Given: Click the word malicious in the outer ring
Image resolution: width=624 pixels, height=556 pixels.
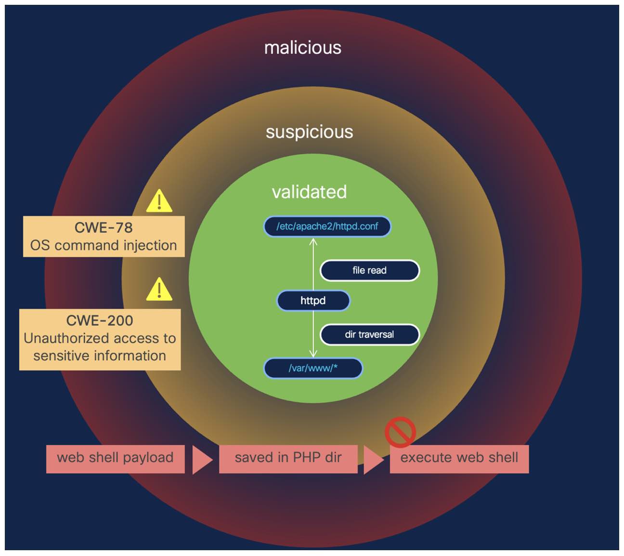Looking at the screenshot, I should [x=302, y=48].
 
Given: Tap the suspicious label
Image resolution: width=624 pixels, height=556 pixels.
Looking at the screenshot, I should [x=309, y=132].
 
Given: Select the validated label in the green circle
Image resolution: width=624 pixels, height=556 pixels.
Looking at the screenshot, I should [x=309, y=192].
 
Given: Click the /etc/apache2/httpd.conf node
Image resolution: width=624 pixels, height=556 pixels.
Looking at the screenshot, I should [x=327, y=226].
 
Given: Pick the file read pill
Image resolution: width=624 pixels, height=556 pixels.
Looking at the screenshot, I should [x=369, y=270].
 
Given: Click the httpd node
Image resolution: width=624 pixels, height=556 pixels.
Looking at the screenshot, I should [x=313, y=301].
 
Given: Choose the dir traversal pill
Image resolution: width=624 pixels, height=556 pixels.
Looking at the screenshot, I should [x=369, y=334].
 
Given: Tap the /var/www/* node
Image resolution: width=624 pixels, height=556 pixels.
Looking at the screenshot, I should [x=313, y=368].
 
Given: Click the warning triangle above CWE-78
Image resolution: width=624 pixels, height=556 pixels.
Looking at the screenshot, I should [x=159, y=202].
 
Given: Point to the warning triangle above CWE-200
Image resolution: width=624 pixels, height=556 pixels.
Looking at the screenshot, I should [x=159, y=290].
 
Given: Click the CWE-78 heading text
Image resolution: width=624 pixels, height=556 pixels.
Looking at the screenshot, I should [x=104, y=227].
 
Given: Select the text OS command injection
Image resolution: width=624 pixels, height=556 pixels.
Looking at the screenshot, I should [x=104, y=246].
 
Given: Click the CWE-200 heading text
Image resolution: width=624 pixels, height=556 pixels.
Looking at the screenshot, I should [x=100, y=320].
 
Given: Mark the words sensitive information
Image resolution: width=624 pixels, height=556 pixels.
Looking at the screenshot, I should [x=100, y=356].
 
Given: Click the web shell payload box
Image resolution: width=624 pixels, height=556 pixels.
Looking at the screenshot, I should [x=115, y=458].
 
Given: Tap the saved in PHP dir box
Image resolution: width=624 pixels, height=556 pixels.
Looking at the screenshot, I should [x=288, y=458].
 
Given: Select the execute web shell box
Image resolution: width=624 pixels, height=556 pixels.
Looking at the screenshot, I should [x=459, y=458].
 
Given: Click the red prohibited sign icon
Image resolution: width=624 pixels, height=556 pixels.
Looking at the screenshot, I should [x=400, y=432].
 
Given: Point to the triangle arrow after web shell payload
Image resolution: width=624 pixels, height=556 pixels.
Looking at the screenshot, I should [x=201, y=460].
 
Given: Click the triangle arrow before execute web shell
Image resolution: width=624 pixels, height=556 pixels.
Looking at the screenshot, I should [x=373, y=460].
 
